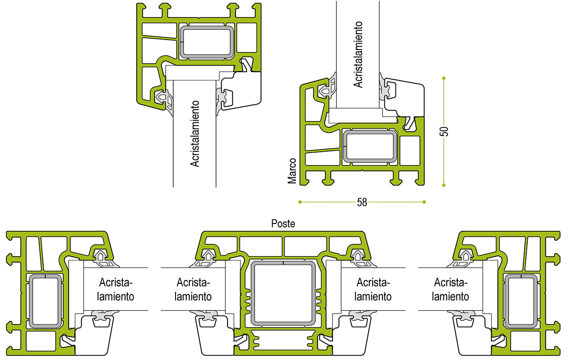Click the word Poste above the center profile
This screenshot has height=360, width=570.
click(283, 224)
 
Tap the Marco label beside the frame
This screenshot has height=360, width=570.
click(292, 171)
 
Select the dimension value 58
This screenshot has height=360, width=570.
click(362, 202)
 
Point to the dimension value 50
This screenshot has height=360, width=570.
click(444, 131)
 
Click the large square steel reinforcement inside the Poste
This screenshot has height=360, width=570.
click(283, 293)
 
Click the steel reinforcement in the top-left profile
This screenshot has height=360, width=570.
click(207, 42)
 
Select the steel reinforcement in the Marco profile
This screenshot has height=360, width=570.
click(370, 146)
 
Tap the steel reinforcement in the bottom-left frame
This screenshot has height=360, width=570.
click(45, 301)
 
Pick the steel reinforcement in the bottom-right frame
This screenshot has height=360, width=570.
click(521, 301)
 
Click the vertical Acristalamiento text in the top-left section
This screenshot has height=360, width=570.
click(195, 134)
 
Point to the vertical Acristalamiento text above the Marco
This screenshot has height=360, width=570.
click(358, 54)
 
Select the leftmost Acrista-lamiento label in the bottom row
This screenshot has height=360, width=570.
click(115, 290)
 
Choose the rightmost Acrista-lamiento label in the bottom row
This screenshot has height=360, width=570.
click(450, 290)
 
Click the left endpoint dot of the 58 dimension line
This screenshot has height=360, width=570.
click(300, 202)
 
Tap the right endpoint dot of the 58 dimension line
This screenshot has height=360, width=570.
click(424, 202)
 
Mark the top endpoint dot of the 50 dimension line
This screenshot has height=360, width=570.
click(444, 78)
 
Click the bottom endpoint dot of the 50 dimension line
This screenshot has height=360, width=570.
click(444, 185)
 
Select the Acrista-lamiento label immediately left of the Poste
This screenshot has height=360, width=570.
click(193, 290)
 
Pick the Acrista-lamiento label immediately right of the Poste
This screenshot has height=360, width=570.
click(373, 290)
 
